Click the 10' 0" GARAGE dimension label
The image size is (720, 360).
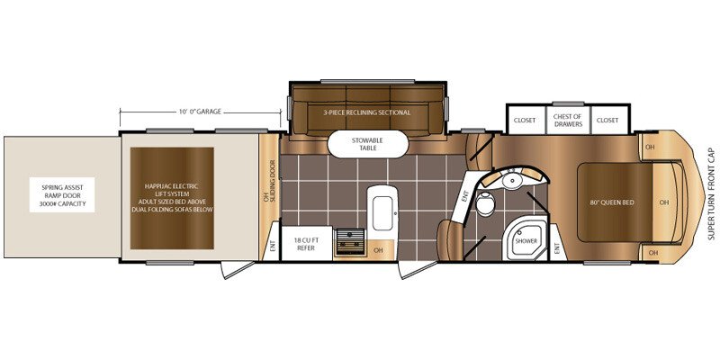click(200, 111)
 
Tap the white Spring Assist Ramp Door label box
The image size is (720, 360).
click(62, 194)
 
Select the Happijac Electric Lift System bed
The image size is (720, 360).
click(172, 198)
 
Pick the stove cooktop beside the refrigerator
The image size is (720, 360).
click(349, 241)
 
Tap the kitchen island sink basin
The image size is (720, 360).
click(382, 213)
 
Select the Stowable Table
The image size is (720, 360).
click(367, 144)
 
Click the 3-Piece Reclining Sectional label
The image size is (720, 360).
click(366, 112)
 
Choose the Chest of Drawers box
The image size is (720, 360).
click(568, 121)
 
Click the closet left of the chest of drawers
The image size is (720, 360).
click(525, 121)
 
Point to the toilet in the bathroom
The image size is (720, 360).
click(483, 203)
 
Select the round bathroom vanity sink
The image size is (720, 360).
click(511, 179)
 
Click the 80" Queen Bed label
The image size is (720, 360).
click(610, 202)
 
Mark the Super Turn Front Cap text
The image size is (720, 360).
click(711, 193)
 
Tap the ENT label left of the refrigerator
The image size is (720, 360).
click(273, 247)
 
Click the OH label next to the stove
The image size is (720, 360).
click(378, 250)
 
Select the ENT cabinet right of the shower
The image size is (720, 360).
click(558, 242)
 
